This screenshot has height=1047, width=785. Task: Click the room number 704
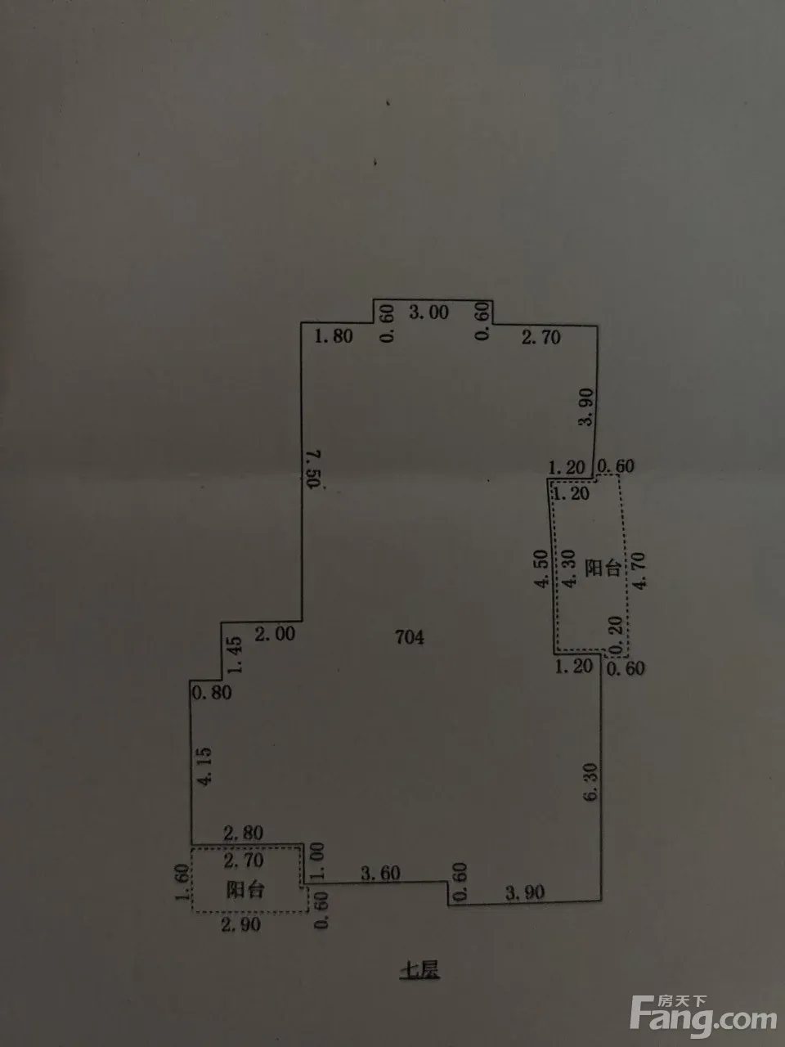[x=409, y=637]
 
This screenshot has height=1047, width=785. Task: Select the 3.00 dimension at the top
[x=428, y=312]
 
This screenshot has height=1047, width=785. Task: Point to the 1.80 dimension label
[x=333, y=335]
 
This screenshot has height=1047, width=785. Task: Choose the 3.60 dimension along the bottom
[x=380, y=874]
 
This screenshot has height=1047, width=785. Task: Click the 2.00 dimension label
[x=274, y=633]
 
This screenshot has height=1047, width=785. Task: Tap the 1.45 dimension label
[x=235, y=654]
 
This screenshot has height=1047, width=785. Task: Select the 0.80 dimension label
[x=211, y=693]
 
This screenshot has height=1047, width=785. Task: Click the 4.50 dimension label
[x=541, y=569]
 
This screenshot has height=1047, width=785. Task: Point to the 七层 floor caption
[x=419, y=972]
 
